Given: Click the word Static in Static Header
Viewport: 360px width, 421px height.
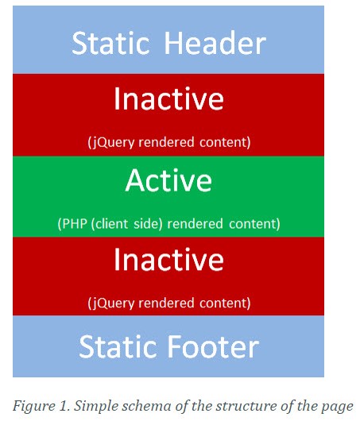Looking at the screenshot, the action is pyautogui.click(x=110, y=43).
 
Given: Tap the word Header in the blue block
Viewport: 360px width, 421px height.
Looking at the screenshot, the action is pyautogui.click(x=215, y=43).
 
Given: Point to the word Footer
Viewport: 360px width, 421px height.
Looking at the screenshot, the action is pyautogui.click(x=214, y=346).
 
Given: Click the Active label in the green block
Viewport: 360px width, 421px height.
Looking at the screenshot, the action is pyautogui.click(x=168, y=180).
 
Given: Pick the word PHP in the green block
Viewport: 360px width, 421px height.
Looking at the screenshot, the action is pyautogui.click(x=72, y=224).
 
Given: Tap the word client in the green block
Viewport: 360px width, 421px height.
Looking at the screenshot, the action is pyautogui.click(x=110, y=224).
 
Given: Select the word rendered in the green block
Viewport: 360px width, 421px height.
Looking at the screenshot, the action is pyautogui.click(x=195, y=224).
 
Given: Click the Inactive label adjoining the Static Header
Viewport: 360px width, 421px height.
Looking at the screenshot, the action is pyautogui.click(x=168, y=98).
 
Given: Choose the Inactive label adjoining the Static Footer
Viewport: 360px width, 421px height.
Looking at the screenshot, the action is pyautogui.click(x=168, y=260).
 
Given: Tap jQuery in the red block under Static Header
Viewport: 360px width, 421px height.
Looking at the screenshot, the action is pyautogui.click(x=111, y=142).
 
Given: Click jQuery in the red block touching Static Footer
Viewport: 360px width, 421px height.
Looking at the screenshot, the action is pyautogui.click(x=111, y=303).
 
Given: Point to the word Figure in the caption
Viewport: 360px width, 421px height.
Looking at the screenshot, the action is pyautogui.click(x=33, y=406).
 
